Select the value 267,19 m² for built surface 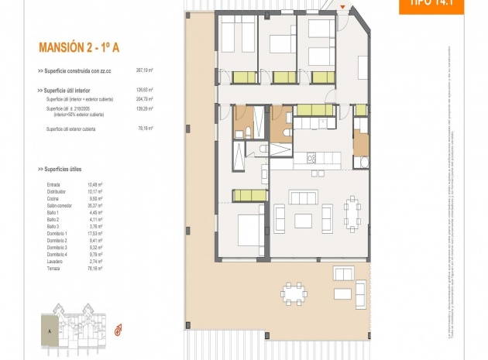(x=145, y=70)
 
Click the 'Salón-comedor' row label (x=58, y=205)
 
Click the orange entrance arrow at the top (x=343, y=6)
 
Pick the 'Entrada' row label (x=53, y=184)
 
